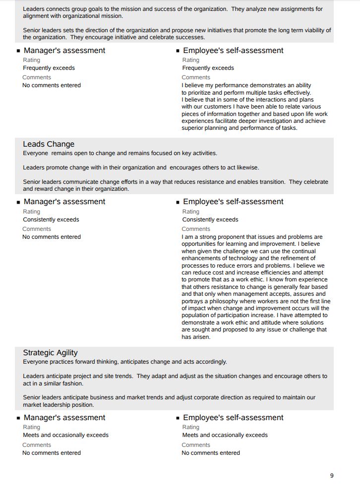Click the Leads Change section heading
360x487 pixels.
point(49,144)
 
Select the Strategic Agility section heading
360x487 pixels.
point(50,353)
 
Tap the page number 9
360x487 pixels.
point(332,476)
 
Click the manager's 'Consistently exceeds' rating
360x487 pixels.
point(51,219)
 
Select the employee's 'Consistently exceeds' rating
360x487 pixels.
point(210,219)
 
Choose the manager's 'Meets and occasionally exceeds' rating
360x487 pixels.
point(65,435)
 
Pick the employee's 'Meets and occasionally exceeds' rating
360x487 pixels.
point(225,435)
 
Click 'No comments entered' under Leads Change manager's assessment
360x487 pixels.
point(52,237)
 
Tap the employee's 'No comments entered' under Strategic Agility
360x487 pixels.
point(211,453)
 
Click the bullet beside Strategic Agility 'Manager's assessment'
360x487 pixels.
point(18,418)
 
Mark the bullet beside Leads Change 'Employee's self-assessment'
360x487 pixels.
point(178,202)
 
